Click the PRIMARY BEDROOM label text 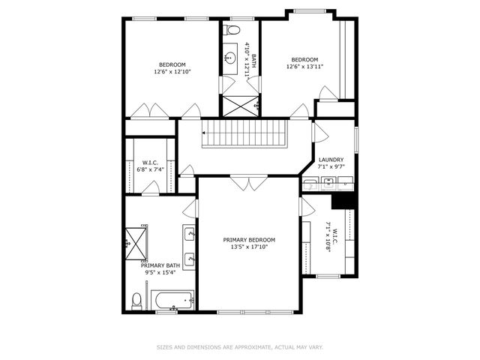[x=249, y=239]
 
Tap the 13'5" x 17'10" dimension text [x=249, y=247]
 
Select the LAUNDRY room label [x=331, y=160]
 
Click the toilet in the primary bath [x=136, y=301]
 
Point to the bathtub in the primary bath [x=172, y=301]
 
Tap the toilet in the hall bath [x=232, y=31]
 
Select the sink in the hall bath [x=229, y=57]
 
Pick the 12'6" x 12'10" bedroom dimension [x=172, y=72]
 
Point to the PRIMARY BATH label [x=160, y=265]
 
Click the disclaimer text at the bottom [x=239, y=346]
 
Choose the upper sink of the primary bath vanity [x=190, y=235]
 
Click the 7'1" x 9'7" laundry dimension [x=331, y=167]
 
